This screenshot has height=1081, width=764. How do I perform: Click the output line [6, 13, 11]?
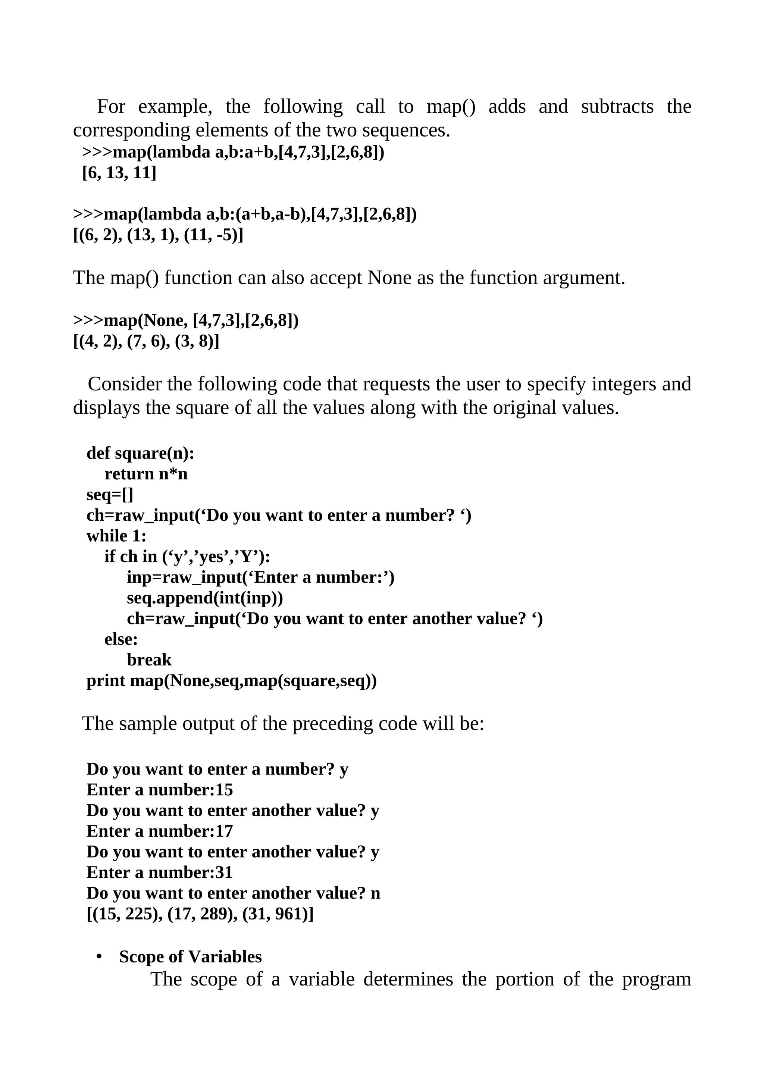click(x=119, y=173)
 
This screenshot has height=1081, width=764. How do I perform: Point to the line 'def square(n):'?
click(x=140, y=453)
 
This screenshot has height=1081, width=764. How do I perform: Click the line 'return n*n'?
click(x=146, y=474)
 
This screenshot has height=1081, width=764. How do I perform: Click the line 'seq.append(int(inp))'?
click(x=205, y=598)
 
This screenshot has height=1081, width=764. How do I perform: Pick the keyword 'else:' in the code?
click(x=121, y=639)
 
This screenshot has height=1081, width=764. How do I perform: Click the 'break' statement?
click(x=149, y=660)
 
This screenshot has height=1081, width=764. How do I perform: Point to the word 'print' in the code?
click(x=106, y=681)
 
